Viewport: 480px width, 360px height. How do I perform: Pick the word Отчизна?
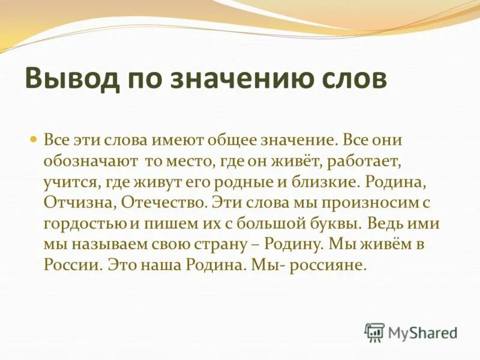(x=79, y=202)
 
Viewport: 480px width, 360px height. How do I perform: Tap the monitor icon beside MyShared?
(x=374, y=332)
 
